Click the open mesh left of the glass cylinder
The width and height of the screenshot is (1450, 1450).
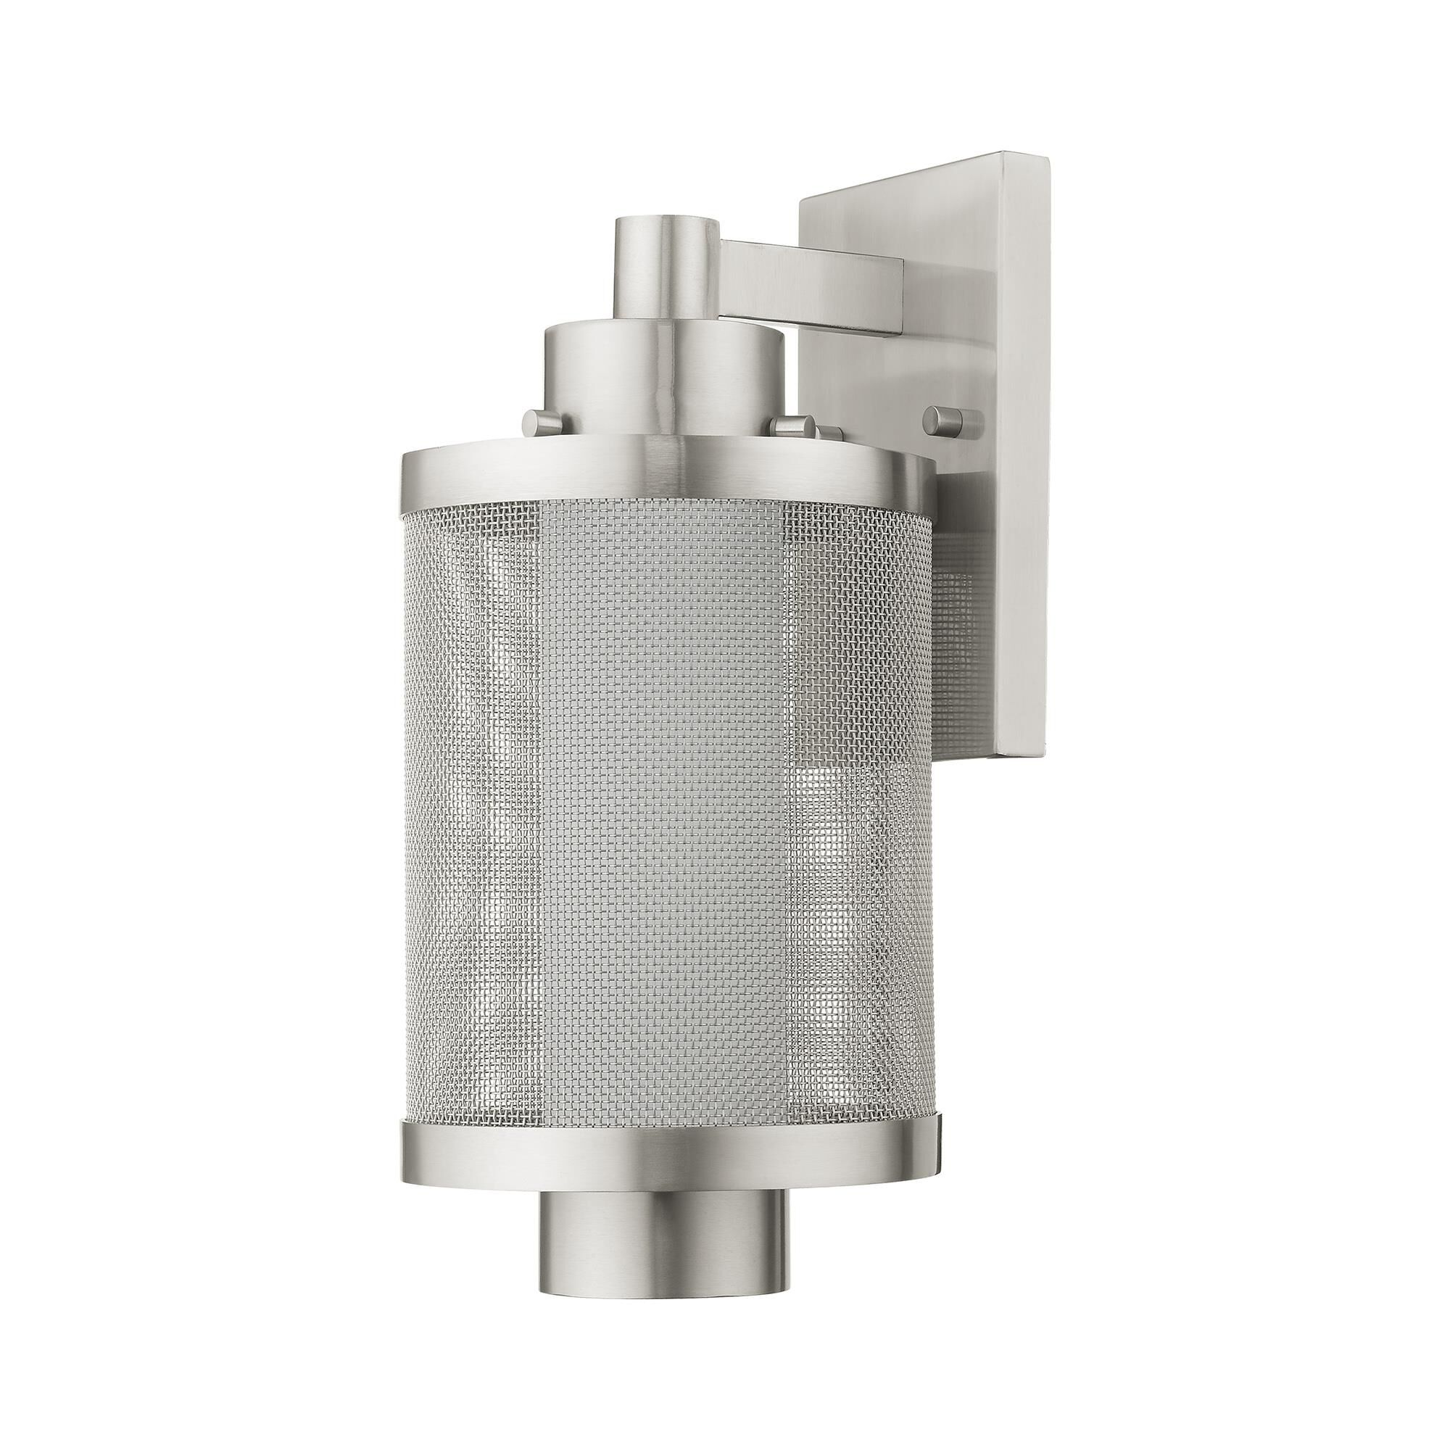(473, 826)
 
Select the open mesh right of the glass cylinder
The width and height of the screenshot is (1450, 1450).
(855, 826)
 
